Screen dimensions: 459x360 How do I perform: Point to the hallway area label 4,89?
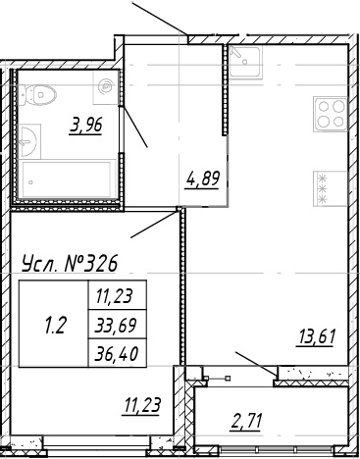[202, 178]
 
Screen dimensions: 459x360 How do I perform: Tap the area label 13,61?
[316, 339]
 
